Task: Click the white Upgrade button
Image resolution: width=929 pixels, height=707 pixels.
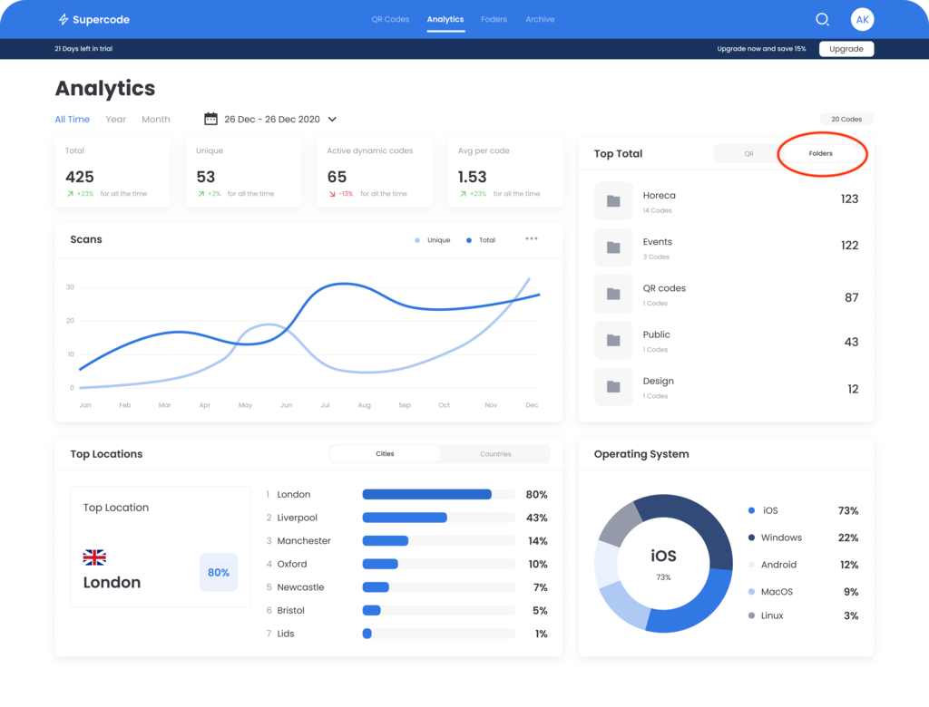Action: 846,49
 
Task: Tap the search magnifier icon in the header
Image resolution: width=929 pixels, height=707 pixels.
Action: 822,19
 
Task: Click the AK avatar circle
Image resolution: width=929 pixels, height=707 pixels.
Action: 862,19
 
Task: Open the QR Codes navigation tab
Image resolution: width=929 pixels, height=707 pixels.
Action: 390,19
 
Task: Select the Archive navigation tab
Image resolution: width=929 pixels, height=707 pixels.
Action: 540,19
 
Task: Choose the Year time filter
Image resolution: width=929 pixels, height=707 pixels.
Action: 116,120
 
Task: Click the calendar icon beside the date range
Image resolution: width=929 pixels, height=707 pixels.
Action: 211,119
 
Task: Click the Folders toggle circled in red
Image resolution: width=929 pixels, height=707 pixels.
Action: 821,154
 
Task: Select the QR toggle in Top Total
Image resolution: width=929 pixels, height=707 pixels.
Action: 748,154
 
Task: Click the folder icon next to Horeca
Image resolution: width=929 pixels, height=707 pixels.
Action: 613,201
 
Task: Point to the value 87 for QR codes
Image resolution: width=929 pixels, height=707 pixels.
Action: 851,297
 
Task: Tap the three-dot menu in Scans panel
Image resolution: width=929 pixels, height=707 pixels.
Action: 532,239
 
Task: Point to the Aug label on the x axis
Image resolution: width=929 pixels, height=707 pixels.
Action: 364,405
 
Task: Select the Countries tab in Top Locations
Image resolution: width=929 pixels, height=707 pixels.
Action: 495,454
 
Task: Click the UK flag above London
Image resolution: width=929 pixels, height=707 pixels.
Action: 94,557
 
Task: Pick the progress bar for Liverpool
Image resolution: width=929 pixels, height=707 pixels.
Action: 438,518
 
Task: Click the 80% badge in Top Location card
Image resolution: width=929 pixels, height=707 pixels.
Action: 219,573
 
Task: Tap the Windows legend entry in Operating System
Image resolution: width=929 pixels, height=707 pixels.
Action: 780,538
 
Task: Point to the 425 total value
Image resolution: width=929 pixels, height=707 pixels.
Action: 80,177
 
